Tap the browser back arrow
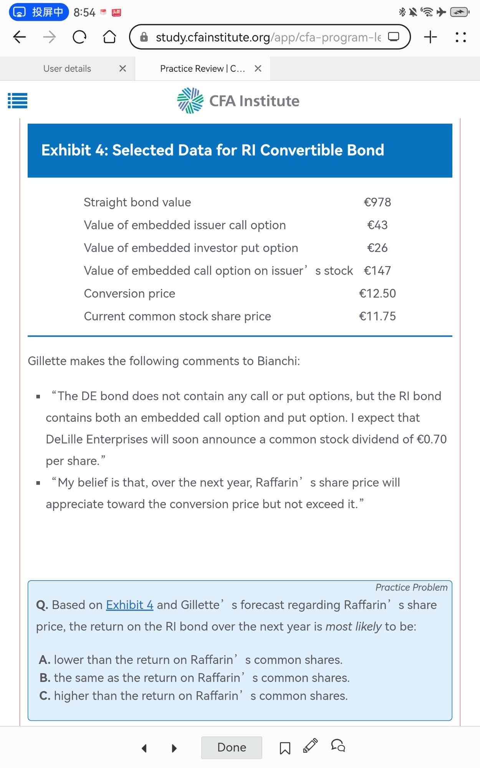20,37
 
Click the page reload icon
79,37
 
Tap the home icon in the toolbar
109,37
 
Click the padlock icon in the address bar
144,37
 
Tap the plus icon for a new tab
430,37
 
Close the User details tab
122,68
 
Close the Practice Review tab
258,68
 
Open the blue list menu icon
18,101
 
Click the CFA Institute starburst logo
190,101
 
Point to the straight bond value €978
377,202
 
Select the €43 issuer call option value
377,225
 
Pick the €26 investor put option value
377,248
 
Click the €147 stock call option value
377,271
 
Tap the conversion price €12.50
377,294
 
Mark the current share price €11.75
377,316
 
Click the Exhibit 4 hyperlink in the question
129,605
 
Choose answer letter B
45,678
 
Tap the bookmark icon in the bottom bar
285,748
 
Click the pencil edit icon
310,746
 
